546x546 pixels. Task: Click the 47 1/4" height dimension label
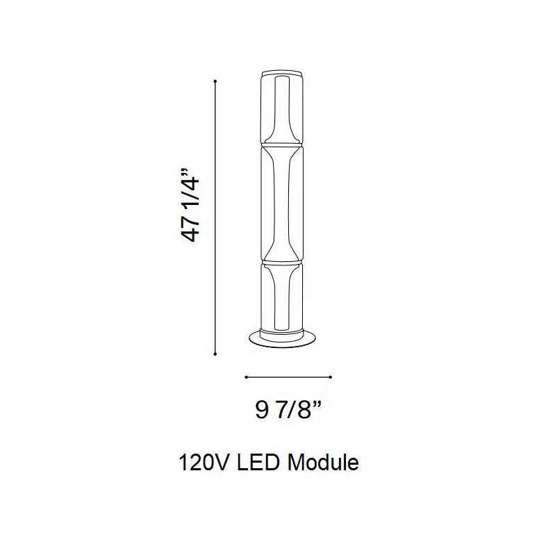(x=190, y=206)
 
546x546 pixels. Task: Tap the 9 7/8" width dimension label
(x=288, y=410)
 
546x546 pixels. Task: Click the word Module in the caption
(x=323, y=463)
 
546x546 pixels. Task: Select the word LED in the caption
(x=258, y=463)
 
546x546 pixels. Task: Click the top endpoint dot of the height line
(x=215, y=81)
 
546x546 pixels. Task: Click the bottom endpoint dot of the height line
(x=215, y=354)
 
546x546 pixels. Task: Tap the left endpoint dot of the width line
(x=246, y=377)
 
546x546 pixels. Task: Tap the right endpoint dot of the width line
(x=331, y=377)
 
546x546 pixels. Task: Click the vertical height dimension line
(x=215, y=217)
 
